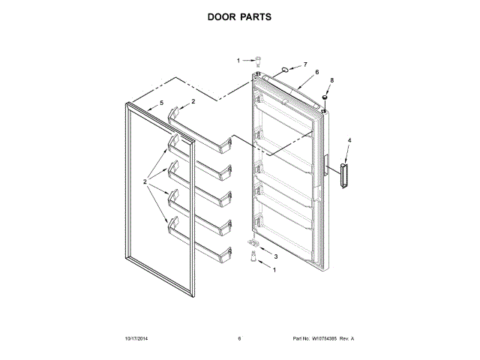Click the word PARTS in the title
(x=256, y=16)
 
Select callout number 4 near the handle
(x=349, y=140)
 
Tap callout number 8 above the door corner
(x=331, y=79)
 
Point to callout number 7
(x=305, y=65)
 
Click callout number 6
(x=317, y=73)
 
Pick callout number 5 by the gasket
(x=160, y=104)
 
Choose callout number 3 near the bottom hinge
(x=275, y=256)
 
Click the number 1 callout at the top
(x=239, y=60)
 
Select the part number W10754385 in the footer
(x=323, y=339)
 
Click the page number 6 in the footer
(x=239, y=339)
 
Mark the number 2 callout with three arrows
(x=145, y=181)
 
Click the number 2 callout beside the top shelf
(x=193, y=101)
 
